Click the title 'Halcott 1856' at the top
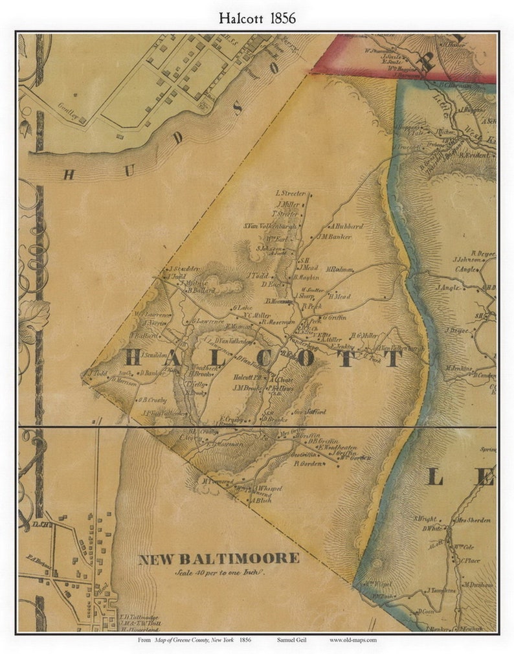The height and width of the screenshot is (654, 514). click(x=257, y=18)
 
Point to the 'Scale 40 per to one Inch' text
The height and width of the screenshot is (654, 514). click(x=221, y=573)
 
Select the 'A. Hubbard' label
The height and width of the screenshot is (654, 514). click(x=346, y=227)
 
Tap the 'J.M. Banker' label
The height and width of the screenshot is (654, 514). click(x=335, y=237)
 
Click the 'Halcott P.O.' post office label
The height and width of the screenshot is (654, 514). click(x=250, y=378)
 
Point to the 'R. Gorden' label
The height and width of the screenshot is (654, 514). click(x=308, y=464)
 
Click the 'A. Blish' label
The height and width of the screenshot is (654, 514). click(x=260, y=501)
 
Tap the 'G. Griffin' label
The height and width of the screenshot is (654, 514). click(x=334, y=318)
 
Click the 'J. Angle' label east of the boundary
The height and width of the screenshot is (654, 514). click(x=447, y=288)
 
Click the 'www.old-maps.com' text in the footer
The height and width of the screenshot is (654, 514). click(x=353, y=640)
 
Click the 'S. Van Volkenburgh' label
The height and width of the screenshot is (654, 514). click(x=270, y=225)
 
